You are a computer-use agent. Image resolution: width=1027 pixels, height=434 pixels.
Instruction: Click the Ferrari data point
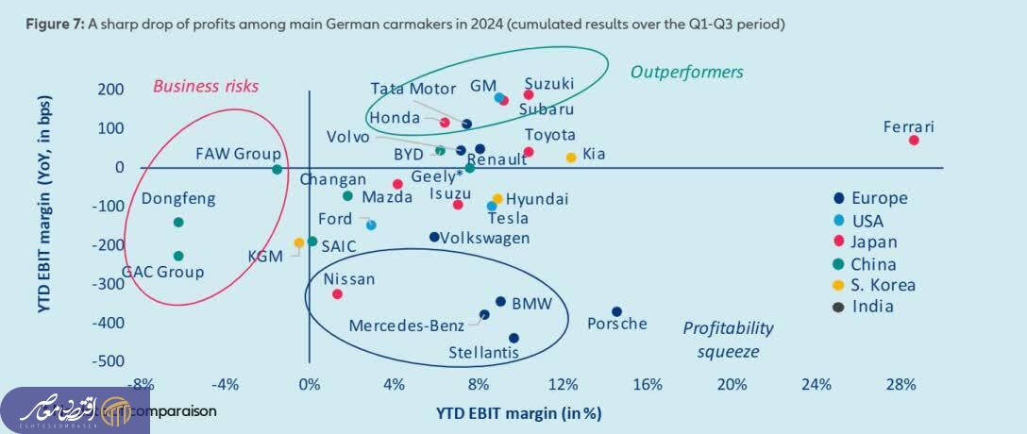point(914,141)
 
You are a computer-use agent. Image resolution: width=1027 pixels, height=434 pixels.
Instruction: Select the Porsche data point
point(616,311)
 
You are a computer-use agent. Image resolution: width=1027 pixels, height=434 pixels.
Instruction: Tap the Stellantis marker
point(513,338)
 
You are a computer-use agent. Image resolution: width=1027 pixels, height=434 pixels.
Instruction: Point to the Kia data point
point(570,158)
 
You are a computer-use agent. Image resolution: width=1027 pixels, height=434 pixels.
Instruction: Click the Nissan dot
point(337,294)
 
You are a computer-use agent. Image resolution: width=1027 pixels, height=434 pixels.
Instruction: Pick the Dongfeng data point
point(178,223)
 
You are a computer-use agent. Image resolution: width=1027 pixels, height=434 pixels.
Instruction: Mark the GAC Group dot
point(178,256)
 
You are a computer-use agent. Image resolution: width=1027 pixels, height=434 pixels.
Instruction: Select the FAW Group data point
point(277,170)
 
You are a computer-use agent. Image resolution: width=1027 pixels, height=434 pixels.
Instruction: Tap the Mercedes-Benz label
point(407,325)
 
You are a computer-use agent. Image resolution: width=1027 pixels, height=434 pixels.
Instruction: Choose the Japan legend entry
point(873,242)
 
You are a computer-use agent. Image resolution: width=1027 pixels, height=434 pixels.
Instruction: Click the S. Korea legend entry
point(883,285)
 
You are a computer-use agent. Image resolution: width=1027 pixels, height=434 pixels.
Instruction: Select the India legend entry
point(872,306)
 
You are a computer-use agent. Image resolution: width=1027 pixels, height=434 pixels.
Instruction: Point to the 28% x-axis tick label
point(901,384)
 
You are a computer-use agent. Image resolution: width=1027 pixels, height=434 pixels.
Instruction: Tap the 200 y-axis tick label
point(110,90)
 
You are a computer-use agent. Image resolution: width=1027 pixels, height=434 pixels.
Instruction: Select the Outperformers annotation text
point(686,72)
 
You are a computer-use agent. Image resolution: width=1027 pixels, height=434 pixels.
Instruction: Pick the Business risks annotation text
point(206,86)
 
